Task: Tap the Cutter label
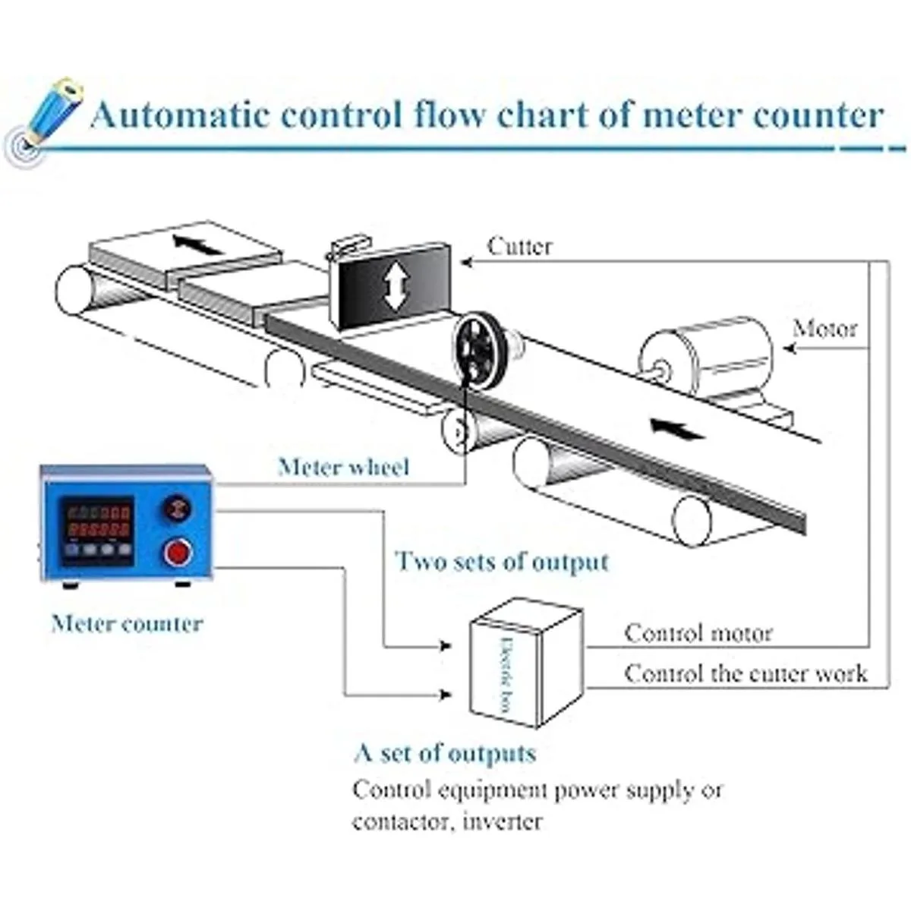coord(520,246)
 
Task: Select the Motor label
coord(824,329)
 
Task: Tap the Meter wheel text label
coord(343,466)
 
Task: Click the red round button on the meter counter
coord(178,552)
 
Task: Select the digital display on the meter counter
coord(98,521)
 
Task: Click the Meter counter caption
coord(127,624)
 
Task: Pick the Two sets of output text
coord(502,562)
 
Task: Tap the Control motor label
coord(698,633)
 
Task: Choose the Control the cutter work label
coord(746,673)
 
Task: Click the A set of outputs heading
coord(445,753)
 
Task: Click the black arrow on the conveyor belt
coord(677,429)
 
